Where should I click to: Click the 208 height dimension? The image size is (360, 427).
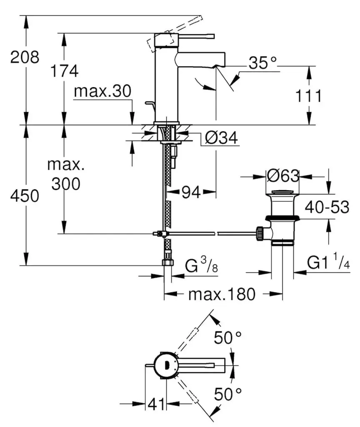click(25, 57)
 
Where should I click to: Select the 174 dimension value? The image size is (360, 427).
click(64, 71)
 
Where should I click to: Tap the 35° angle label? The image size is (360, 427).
click(263, 63)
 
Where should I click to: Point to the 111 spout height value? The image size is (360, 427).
click(308, 96)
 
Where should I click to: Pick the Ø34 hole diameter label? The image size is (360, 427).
click(222, 138)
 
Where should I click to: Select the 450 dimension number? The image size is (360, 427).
click(25, 196)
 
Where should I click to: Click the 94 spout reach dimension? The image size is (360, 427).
click(191, 192)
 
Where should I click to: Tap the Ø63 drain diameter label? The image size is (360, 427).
click(282, 176)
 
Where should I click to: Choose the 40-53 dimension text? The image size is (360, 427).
click(327, 206)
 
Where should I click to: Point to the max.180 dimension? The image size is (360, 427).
click(221, 294)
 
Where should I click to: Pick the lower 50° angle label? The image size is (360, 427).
click(227, 392)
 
